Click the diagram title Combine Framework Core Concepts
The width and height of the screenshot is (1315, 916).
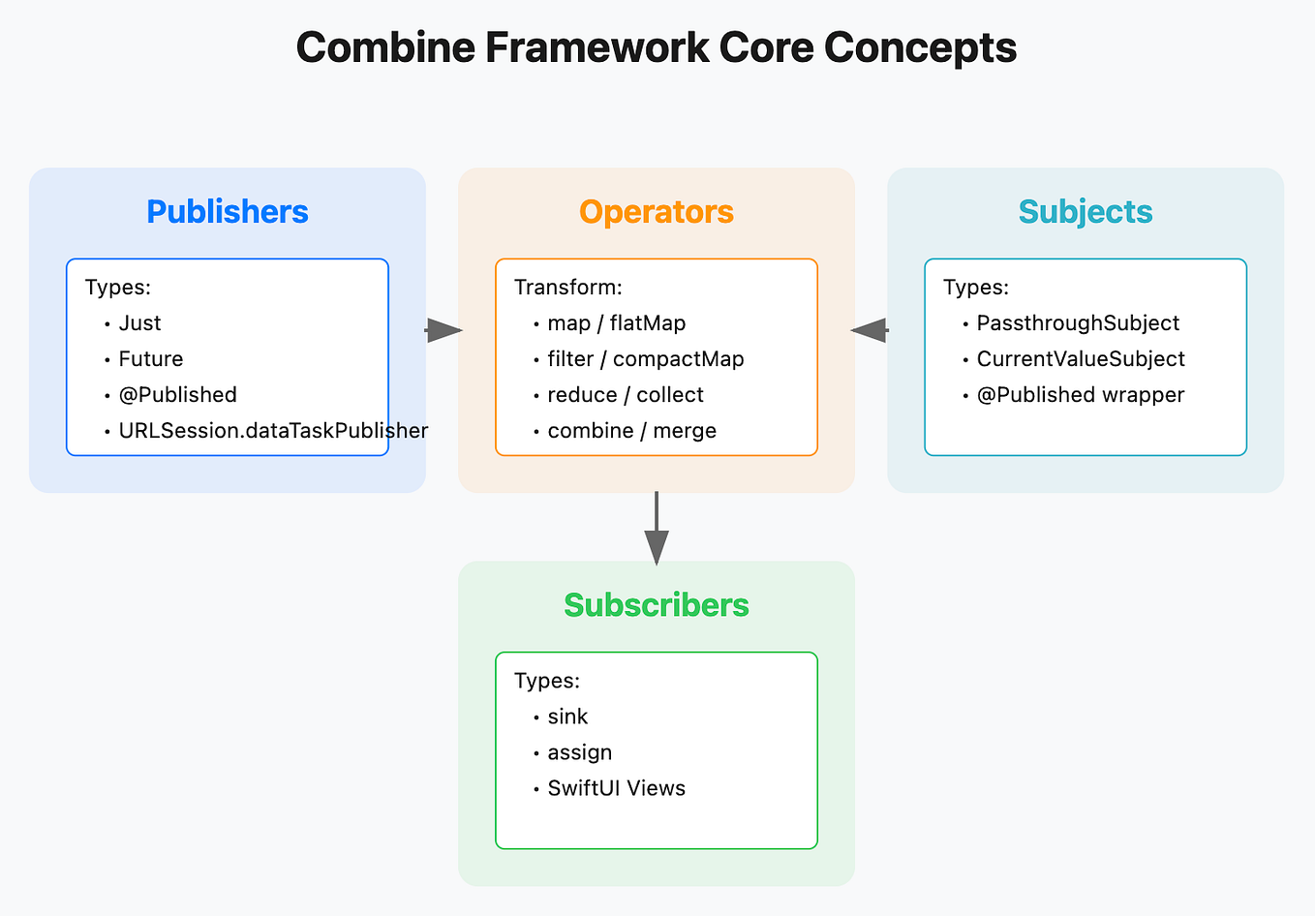[x=657, y=47]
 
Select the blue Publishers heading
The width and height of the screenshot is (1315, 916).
[x=228, y=211]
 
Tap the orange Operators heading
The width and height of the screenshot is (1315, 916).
[x=657, y=211]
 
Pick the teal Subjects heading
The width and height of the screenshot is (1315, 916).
[x=1086, y=211]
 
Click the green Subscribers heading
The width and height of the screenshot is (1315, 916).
[x=657, y=604]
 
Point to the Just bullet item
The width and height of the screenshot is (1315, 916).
[x=139, y=323]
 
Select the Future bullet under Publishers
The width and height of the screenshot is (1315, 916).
[x=151, y=359]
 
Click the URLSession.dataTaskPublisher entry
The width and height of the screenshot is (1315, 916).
[x=272, y=431]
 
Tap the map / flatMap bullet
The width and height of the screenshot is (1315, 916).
[x=616, y=323]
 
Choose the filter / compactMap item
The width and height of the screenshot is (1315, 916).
[x=645, y=359]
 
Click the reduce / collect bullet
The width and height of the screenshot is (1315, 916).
[x=625, y=395]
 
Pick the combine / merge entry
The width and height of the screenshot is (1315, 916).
[x=631, y=431]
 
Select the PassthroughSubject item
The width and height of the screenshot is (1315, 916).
[x=1078, y=323]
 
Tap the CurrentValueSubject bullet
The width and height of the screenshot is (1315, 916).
[x=1081, y=359]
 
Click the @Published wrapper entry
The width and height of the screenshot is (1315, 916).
[x=1081, y=395]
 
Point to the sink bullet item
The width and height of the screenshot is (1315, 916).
[x=567, y=717]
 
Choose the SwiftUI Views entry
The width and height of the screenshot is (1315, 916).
[x=616, y=788]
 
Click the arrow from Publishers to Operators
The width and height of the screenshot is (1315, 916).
[x=443, y=330]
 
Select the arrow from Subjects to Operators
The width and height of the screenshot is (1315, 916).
[x=870, y=330]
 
